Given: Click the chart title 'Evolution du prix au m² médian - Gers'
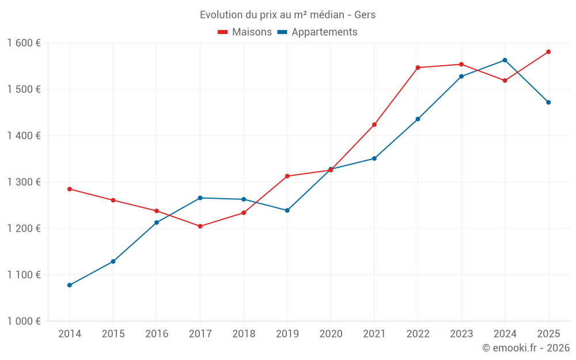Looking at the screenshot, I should [287, 14].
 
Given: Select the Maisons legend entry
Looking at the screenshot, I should [245, 32].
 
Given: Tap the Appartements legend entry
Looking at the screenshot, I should [317, 32].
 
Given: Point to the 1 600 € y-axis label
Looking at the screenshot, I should [24, 43].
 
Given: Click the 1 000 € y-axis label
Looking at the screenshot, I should [24, 321].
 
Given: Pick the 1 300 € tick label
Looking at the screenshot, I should [24, 182].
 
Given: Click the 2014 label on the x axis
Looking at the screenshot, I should [70, 334].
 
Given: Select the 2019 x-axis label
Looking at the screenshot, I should [287, 334].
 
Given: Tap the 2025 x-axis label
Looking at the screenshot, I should [548, 334].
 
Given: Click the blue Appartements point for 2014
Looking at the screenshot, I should [70, 285].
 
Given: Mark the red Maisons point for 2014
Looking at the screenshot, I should [70, 189].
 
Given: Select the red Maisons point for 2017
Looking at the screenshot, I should [200, 226].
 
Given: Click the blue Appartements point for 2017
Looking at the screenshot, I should [200, 198].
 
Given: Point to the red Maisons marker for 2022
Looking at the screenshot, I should [418, 67].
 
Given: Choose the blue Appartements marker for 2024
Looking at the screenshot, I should [505, 60].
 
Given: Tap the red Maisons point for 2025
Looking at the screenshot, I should [548, 52].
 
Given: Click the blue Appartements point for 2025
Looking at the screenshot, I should [548, 103].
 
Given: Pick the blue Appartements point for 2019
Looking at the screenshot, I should [287, 210].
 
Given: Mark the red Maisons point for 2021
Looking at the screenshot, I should [374, 125].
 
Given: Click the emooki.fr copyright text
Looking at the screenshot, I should [525, 348].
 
